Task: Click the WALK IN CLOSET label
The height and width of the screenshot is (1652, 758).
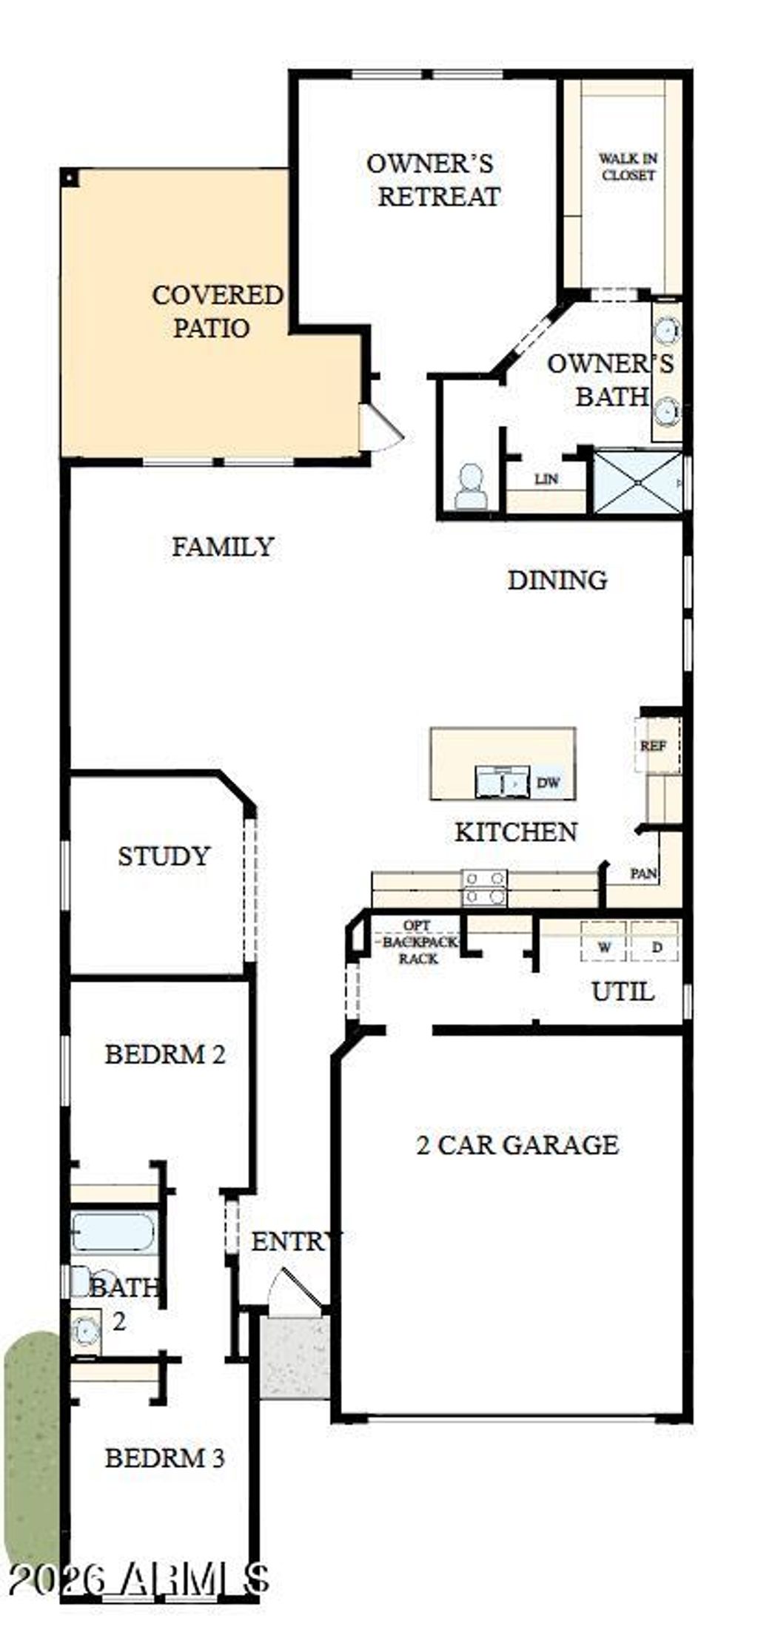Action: click(x=628, y=167)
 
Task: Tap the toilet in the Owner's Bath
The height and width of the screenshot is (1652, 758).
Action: click(x=470, y=488)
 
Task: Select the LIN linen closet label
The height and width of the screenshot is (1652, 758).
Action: click(x=546, y=479)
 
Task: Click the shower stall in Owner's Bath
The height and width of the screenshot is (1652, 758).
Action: click(x=638, y=481)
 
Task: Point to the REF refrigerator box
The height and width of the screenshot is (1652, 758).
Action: click(x=654, y=745)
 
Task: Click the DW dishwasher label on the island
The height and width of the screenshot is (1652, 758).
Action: click(x=548, y=783)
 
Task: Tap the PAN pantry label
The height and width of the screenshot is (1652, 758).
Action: click(x=643, y=873)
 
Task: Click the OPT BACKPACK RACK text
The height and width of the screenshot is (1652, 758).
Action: click(x=418, y=942)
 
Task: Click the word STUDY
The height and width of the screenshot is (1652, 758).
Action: click(x=164, y=856)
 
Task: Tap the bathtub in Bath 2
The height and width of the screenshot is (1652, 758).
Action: click(x=113, y=1233)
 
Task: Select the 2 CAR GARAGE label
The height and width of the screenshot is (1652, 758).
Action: click(x=517, y=1144)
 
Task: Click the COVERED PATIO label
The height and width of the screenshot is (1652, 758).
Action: click(x=216, y=311)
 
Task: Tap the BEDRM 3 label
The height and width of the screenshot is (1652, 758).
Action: click(x=164, y=1457)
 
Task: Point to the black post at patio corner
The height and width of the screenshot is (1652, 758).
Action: click(x=69, y=178)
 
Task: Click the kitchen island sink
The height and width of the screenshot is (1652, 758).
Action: click(x=503, y=782)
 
